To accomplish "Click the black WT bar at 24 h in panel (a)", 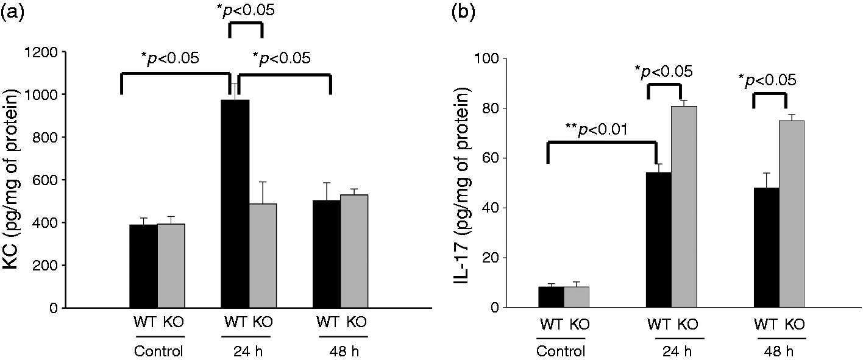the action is (235, 203).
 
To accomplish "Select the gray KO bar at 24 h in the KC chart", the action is (263, 256).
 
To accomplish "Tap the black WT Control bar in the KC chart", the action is (143, 266).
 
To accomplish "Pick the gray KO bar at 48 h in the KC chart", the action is (354, 252).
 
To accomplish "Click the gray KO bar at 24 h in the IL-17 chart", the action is (684, 206).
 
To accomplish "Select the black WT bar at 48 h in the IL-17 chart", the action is (766, 247).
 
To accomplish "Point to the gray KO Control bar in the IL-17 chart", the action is (577, 297).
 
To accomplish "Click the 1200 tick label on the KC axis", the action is (41, 52).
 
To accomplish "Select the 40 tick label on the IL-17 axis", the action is (490, 208).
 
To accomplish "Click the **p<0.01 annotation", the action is (597, 129).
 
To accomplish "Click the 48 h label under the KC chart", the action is (344, 351).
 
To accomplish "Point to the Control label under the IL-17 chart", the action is (561, 351).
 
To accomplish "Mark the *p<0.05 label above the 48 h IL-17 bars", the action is (767, 80).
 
